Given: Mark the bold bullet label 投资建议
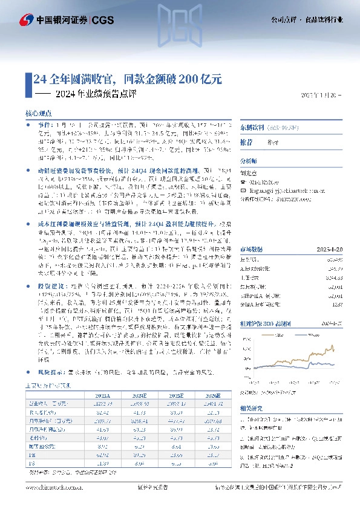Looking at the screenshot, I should click(49, 299).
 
